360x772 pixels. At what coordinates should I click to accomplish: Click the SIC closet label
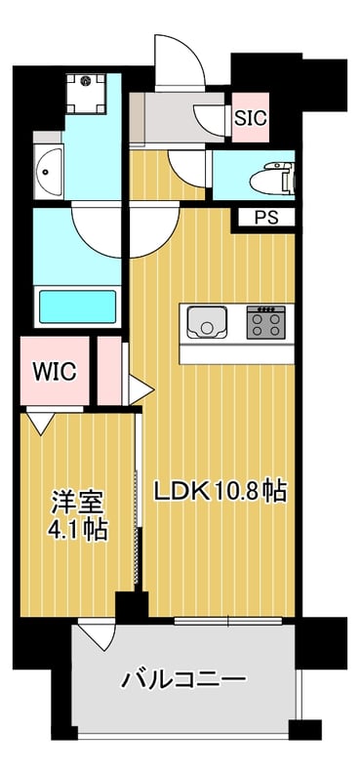(x=250, y=118)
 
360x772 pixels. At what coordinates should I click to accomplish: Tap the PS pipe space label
(x=266, y=218)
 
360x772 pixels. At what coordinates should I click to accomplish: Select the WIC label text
(x=55, y=371)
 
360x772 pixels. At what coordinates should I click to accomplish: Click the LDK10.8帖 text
(x=220, y=491)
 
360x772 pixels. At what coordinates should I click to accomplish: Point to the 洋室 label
(x=78, y=503)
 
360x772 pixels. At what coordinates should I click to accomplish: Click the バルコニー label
(x=183, y=681)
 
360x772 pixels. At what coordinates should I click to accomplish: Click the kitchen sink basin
(x=207, y=322)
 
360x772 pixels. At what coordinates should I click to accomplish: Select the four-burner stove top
(x=266, y=322)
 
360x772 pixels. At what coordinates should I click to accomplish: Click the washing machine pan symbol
(x=86, y=93)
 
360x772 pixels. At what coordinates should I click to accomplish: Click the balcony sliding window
(x=228, y=621)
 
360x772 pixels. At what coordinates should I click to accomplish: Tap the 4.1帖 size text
(x=77, y=531)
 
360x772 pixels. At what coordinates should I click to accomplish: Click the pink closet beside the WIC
(x=109, y=371)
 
